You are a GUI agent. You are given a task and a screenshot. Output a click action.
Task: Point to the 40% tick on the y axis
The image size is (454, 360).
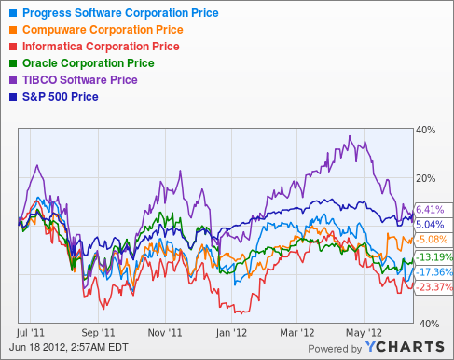click(x=424, y=131)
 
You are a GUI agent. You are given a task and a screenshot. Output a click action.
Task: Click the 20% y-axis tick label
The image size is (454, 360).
click(x=424, y=179)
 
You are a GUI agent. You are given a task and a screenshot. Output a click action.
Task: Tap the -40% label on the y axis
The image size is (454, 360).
click(x=424, y=324)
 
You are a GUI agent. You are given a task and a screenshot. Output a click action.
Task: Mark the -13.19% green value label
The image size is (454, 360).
click(x=433, y=256)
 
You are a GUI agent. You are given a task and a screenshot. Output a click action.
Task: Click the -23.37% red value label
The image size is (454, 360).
click(x=433, y=287)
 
